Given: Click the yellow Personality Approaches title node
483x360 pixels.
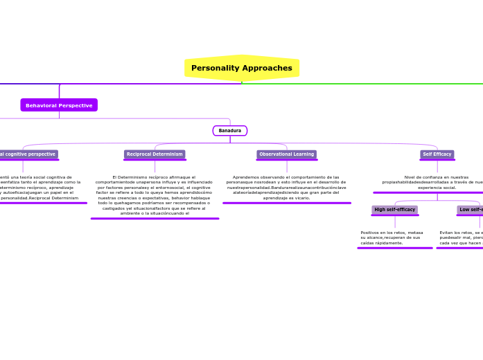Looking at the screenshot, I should pyautogui.click(x=241, y=68).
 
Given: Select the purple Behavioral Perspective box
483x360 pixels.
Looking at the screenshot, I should pyautogui.click(x=59, y=105).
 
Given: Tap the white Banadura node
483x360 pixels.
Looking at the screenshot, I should pyautogui.click(x=230, y=130).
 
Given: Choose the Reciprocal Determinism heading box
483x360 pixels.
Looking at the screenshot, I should pyautogui.click(x=155, y=154).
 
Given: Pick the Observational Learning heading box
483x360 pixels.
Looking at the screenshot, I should pyautogui.click(x=286, y=154).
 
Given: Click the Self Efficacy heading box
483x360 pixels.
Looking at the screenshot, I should pyautogui.click(x=437, y=154).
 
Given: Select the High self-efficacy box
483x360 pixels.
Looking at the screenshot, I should pyautogui.click(x=394, y=210).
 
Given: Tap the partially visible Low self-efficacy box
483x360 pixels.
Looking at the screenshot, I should pyautogui.click(x=470, y=210).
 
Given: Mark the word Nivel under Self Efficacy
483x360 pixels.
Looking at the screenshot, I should pyautogui.click(x=412, y=177).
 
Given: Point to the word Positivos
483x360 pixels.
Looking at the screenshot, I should pyautogui.click(x=372, y=233).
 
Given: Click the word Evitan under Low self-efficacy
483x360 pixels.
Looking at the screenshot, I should pyautogui.click(x=447, y=233).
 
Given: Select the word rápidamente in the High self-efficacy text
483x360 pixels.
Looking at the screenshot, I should pyautogui.click(x=390, y=243).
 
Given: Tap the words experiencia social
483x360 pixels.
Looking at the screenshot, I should pyautogui.click(x=437, y=188).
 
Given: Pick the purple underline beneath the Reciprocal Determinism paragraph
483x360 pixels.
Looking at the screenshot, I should pyautogui.click(x=155, y=218).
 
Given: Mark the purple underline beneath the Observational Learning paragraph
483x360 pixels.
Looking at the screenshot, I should pyautogui.click(x=286, y=203).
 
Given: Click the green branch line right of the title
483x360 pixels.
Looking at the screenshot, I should pyautogui.click(x=360, y=84).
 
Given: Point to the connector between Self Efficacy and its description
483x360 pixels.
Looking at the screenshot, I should pyautogui.click(x=437, y=166).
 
